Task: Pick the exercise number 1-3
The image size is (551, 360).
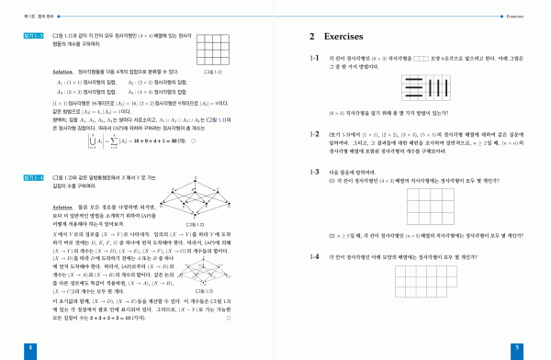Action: (314, 171)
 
